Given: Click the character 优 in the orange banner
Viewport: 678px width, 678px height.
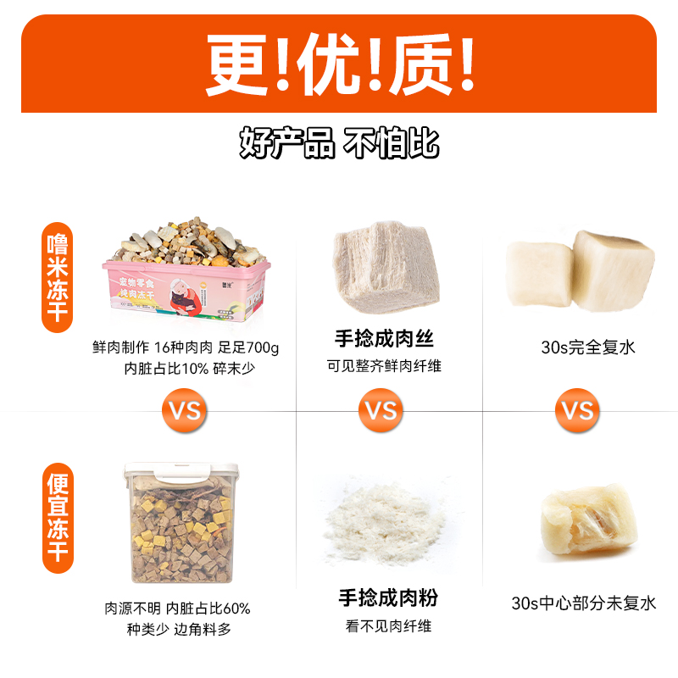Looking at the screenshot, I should [339, 64].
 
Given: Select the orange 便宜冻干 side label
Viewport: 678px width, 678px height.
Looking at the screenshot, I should [58, 517].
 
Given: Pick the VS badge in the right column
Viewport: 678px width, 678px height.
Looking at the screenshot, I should [578, 411].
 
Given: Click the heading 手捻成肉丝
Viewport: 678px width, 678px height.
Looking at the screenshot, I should [385, 340].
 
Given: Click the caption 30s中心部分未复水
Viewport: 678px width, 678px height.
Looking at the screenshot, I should [584, 603].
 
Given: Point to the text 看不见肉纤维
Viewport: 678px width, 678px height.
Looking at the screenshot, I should [388, 626].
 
